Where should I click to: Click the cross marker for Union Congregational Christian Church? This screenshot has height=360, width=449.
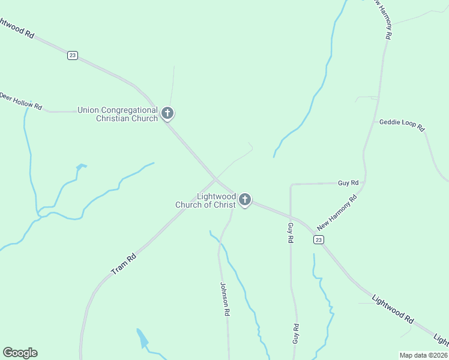[167, 112]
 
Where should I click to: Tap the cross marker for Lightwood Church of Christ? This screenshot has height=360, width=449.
[244, 199]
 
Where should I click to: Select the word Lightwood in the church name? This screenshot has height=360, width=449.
[217, 196]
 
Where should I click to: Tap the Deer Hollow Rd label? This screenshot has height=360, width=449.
[21, 101]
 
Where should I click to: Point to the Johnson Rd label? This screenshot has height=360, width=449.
[225, 299]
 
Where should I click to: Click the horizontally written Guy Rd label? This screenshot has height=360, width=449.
[348, 182]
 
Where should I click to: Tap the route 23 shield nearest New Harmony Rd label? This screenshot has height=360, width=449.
[318, 239]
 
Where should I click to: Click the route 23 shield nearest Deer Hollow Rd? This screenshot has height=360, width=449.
[73, 55]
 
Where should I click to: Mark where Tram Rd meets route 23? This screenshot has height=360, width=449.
[217, 178]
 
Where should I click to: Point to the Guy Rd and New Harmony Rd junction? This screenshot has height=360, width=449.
[364, 182]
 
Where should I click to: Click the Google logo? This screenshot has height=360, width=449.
[20, 353]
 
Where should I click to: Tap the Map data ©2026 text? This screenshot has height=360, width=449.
[423, 355]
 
